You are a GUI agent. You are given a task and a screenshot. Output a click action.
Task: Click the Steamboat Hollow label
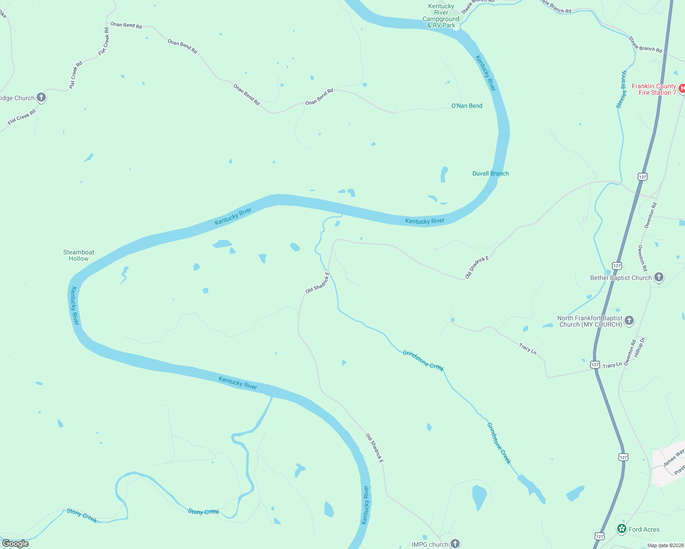tap(79, 255)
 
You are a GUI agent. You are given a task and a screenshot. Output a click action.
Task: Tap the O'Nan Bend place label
tap(467, 106)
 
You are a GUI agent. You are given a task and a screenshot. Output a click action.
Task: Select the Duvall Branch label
tap(490, 173)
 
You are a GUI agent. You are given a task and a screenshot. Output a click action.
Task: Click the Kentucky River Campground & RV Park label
tap(441, 16)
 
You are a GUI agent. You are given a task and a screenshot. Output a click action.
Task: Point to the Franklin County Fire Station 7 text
tap(654, 89)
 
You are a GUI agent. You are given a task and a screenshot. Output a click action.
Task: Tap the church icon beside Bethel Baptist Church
tap(658, 277)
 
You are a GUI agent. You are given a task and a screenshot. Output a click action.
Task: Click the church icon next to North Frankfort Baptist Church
tap(629, 321)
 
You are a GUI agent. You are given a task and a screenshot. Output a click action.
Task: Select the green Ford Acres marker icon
tap(621, 529)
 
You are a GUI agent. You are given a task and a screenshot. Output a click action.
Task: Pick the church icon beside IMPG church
tap(455, 544)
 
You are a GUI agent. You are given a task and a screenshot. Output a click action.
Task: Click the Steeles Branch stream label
tap(621, 90)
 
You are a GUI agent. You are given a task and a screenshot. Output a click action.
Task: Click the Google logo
tap(16, 544)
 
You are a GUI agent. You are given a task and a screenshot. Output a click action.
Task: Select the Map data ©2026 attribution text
tap(665, 545)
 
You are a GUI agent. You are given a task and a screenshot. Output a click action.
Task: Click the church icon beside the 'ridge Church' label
tap(41, 97)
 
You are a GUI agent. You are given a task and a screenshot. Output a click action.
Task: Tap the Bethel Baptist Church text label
tap(620, 278)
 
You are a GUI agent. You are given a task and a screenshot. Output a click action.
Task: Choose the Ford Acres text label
tap(644, 529)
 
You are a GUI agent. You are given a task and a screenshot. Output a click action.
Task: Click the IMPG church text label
tap(429, 544)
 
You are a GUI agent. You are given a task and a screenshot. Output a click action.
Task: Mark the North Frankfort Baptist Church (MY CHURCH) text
tap(590, 321)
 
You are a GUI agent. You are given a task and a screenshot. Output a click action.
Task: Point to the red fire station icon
tap(682, 88)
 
